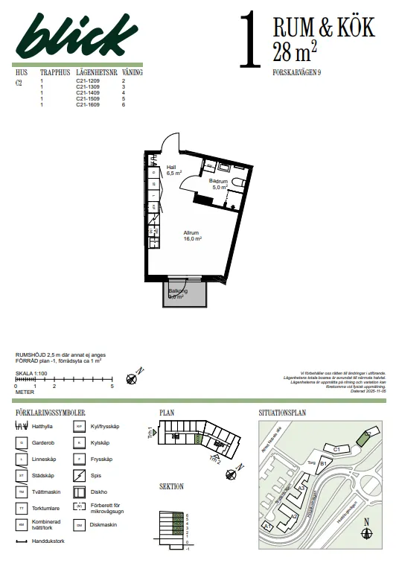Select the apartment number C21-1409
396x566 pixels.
click(87, 92)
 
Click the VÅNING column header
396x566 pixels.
click(132, 73)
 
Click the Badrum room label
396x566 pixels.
click(218, 181)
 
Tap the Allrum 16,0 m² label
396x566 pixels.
click(192, 236)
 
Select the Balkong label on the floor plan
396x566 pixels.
click(177, 290)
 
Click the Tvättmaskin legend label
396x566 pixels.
click(47, 492)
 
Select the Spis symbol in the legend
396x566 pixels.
click(77, 475)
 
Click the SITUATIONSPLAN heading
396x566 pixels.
click(282, 412)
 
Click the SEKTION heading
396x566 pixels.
click(171, 486)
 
